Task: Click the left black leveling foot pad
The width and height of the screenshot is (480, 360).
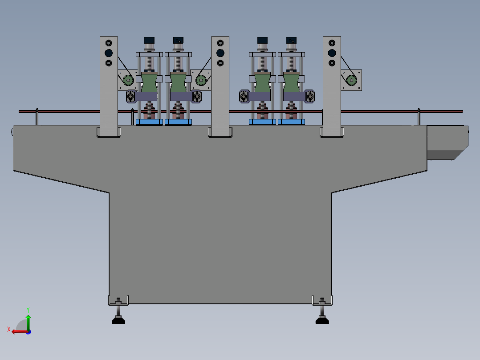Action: [x=118, y=320]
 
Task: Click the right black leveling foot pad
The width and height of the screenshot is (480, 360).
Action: [x=322, y=320]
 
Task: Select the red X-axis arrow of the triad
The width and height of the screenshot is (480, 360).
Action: [x=18, y=331]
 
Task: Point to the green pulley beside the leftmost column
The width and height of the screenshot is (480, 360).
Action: [x=128, y=80]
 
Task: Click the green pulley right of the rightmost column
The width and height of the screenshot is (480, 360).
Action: [x=351, y=80]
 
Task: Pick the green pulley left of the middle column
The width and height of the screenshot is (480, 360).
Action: [x=201, y=80]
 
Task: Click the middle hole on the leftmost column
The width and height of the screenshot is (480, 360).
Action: [x=109, y=53]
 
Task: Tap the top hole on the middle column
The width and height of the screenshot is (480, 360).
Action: [x=220, y=43]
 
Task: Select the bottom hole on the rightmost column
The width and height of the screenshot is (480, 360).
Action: [x=332, y=63]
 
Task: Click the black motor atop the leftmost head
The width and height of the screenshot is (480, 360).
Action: [x=149, y=40]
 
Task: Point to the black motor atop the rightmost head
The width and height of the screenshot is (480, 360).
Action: [x=292, y=40]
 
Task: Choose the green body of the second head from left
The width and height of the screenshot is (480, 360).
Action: [x=178, y=82]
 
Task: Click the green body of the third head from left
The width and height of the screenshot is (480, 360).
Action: [x=263, y=82]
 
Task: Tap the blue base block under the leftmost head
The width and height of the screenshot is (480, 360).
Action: [x=149, y=122]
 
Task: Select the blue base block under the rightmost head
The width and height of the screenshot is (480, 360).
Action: [x=291, y=122]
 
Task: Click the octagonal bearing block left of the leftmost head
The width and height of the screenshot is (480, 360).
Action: [x=131, y=96]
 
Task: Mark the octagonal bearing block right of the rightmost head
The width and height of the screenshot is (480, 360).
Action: [x=310, y=96]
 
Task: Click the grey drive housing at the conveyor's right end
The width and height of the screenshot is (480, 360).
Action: [x=447, y=142]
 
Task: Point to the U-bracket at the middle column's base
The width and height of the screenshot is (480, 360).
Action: [x=220, y=133]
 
